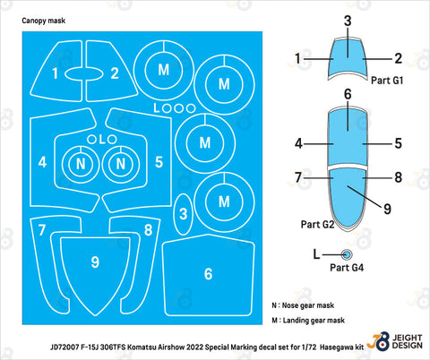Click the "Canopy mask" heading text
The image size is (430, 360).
[x=44, y=21]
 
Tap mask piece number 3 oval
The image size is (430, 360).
[x=184, y=214]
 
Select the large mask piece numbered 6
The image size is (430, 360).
[x=208, y=275]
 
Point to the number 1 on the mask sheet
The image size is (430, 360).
[x=55, y=73]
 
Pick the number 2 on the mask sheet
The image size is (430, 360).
[x=115, y=73]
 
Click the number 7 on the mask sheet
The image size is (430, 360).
[x=42, y=230]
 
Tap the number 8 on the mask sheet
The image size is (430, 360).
[x=148, y=230]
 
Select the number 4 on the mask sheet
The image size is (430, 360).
[x=42, y=162]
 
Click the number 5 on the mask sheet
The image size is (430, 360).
[x=159, y=162]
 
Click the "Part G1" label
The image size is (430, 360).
[x=387, y=81]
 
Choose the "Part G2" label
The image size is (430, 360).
[x=317, y=225]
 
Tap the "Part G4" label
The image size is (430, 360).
[x=347, y=268]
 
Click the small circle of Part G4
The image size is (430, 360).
[x=347, y=254]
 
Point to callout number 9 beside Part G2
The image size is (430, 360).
[x=387, y=209]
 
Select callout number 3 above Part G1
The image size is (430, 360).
[x=348, y=21]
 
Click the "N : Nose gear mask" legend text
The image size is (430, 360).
[x=303, y=305]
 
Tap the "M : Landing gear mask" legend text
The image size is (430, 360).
[x=308, y=321]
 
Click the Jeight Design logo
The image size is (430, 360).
[x=395, y=340]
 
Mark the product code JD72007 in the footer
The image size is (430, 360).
[x=64, y=347]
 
